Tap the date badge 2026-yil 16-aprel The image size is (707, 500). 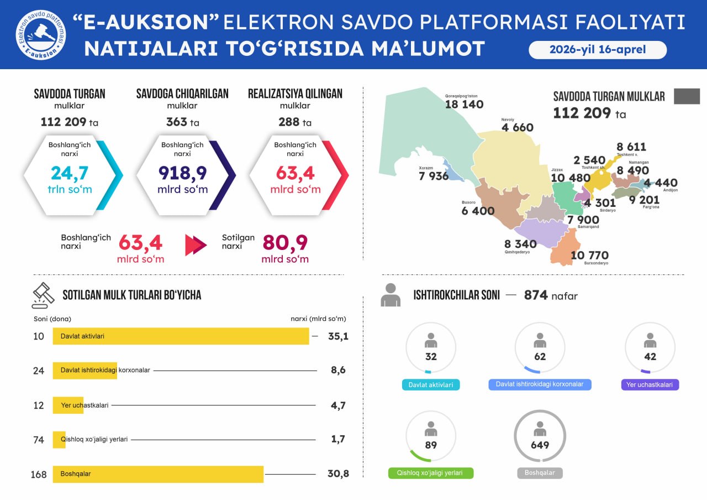pos(598,50)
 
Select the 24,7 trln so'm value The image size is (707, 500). pos(70,174)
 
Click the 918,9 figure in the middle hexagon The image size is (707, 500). pos(182,174)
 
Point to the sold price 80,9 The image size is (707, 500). pos(285,243)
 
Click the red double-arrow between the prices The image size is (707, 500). pos(196,245)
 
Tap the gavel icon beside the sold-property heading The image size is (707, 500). pos(43,295)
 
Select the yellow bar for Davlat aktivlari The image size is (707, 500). pos(181,336)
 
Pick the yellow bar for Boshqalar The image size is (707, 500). pos(158,474)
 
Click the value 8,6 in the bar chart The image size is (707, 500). pos(338,370)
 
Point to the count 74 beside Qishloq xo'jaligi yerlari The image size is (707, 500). pos(39,440)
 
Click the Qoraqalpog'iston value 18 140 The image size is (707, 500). pos(464,105)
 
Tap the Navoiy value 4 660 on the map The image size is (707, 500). pos(517,128)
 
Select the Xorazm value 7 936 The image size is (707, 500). pos(434,176)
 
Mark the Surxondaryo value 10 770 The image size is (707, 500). pos(589,256)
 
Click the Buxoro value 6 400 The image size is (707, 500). pos(478,211)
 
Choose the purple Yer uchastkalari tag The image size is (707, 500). pos(650,385)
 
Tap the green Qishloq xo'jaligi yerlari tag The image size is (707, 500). pos(431,473)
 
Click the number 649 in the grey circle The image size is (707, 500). pos(540,445)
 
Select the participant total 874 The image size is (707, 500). pos(536,295)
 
